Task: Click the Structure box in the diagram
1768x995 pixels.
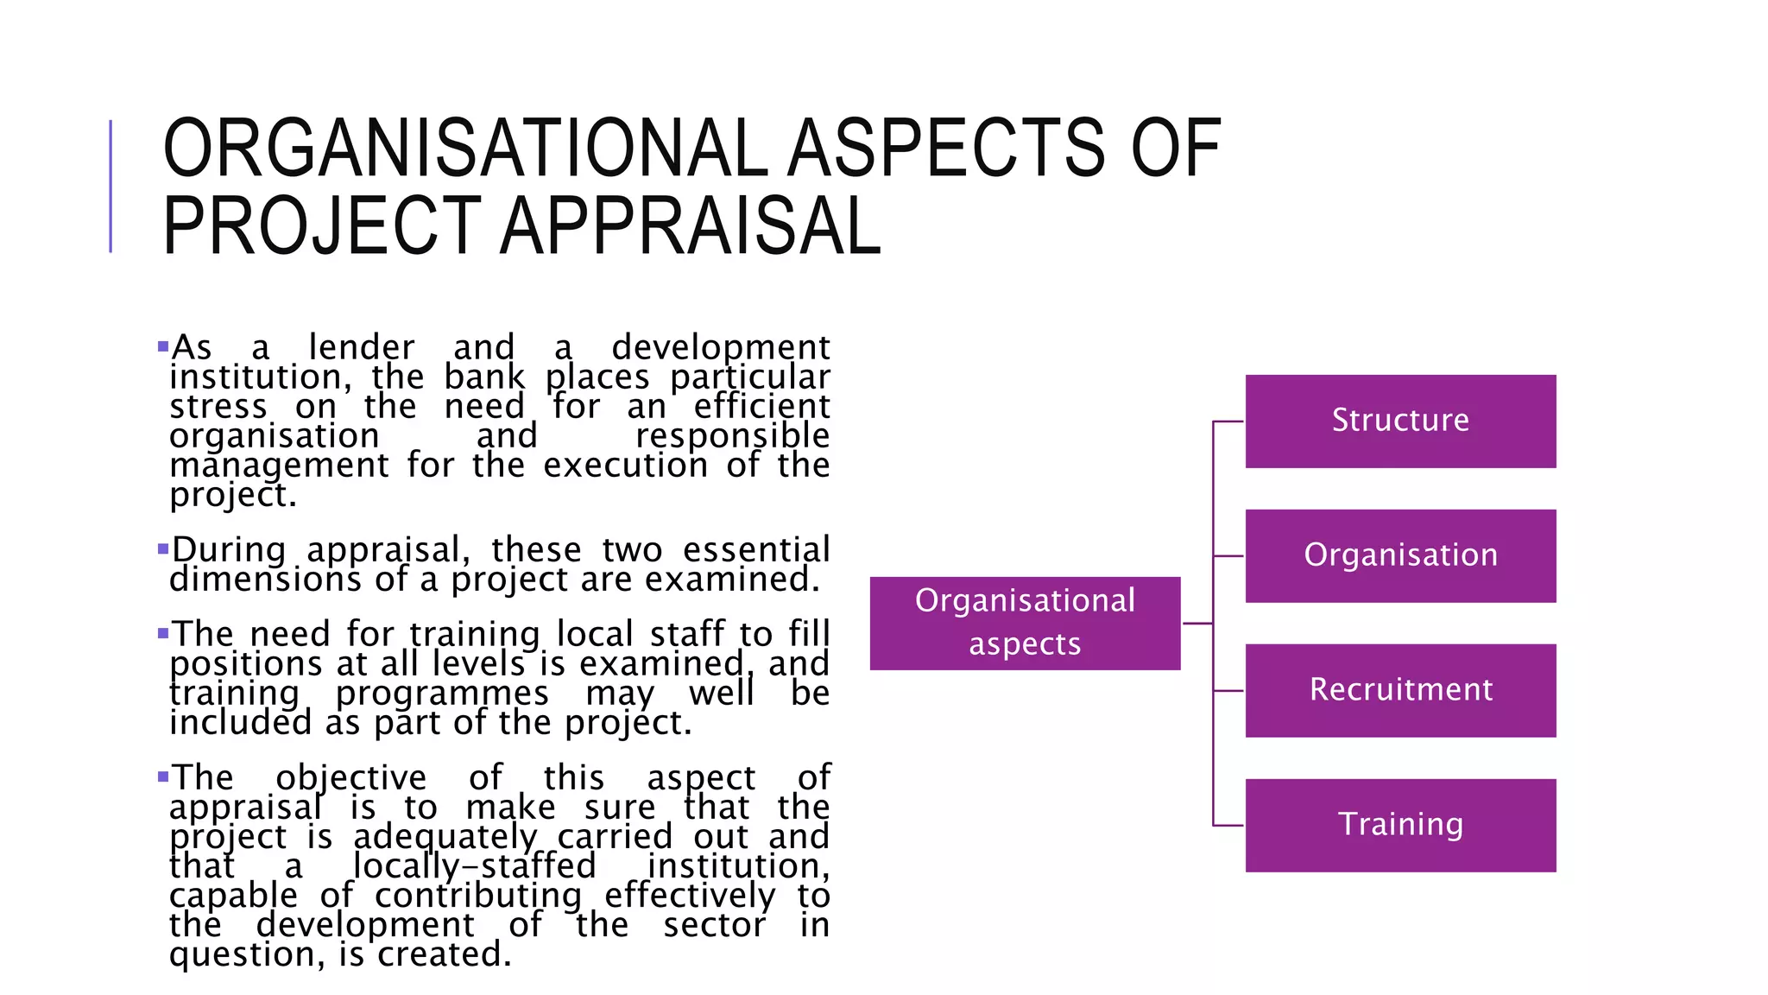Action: pyautogui.click(x=1400, y=421)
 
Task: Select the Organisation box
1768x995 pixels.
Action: pyautogui.click(x=1400, y=556)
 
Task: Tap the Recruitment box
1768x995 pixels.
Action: pyautogui.click(x=1400, y=691)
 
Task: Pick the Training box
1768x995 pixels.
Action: pyautogui.click(x=1400, y=826)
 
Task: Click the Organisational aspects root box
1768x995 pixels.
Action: pyautogui.click(x=1025, y=624)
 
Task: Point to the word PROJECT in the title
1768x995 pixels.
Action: pyautogui.click(x=321, y=226)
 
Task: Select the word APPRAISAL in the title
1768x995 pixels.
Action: pyautogui.click(x=691, y=226)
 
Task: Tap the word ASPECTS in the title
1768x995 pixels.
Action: pyautogui.click(x=946, y=149)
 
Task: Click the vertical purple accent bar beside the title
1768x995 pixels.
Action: pyautogui.click(x=110, y=187)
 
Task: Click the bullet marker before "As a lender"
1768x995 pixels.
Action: pyautogui.click(x=163, y=347)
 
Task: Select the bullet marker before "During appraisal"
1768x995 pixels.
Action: pyautogui.click(x=163, y=548)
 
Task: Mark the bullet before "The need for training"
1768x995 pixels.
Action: pyautogui.click(x=163, y=633)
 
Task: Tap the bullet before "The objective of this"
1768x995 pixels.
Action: pyautogui.click(x=163, y=776)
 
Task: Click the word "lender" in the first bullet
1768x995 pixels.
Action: pyautogui.click(x=362, y=347)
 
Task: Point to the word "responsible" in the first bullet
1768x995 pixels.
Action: pyautogui.click(x=732, y=436)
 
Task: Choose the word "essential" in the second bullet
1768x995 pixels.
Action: pyautogui.click(x=756, y=550)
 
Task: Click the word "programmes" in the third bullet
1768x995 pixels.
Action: pyautogui.click(x=442, y=694)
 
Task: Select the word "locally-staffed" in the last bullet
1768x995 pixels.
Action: pyautogui.click(x=475, y=866)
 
